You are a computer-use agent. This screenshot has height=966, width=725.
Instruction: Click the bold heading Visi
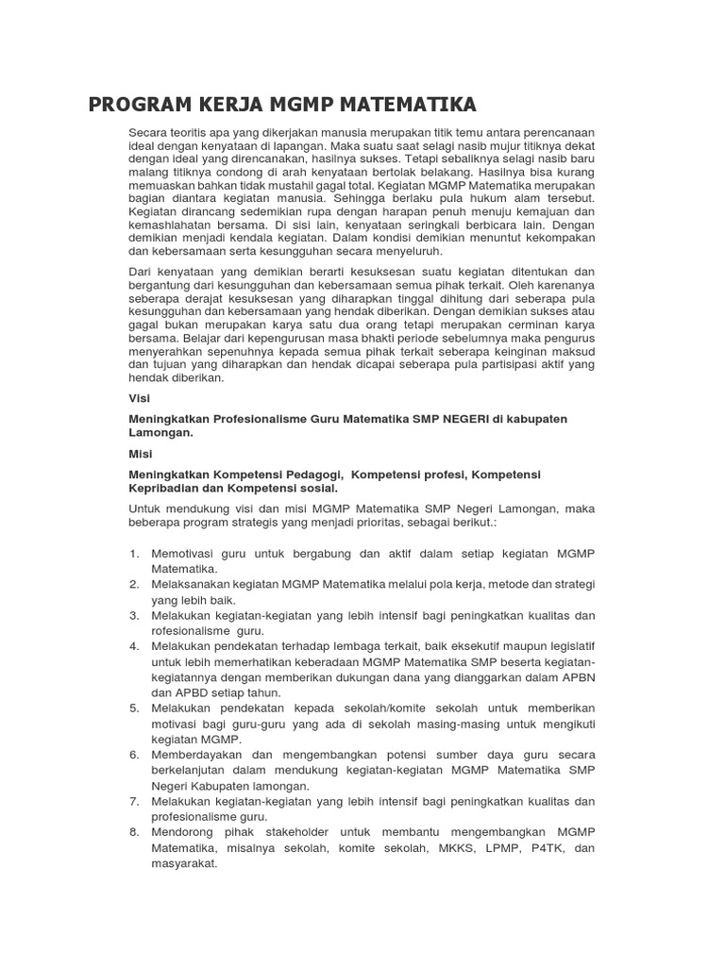(x=139, y=398)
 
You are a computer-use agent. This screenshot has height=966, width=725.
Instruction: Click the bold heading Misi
(x=140, y=454)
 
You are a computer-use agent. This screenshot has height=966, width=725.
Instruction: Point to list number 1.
(x=134, y=553)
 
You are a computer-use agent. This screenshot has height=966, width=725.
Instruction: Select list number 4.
(x=134, y=645)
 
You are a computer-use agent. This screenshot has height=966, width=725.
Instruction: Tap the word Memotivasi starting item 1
(x=186, y=553)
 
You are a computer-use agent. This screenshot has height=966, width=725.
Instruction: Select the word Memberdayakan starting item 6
(x=197, y=755)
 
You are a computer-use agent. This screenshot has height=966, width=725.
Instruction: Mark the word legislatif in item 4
(x=565, y=645)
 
